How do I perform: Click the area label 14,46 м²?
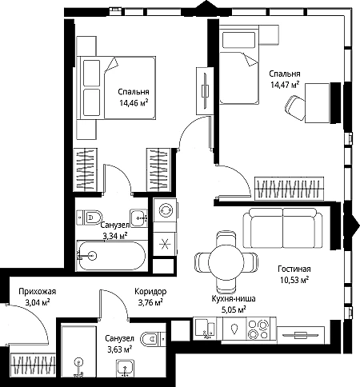(x=134, y=103)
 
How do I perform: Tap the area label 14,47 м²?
(x=285, y=85)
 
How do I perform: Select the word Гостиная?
(x=294, y=269)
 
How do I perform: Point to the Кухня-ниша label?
(x=234, y=299)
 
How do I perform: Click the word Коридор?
(x=150, y=292)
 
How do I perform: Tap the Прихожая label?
(x=38, y=292)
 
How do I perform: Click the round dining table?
(x=226, y=261)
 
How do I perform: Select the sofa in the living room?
(x=283, y=228)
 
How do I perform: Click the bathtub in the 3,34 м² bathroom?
(x=111, y=256)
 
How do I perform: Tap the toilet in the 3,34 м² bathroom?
(x=90, y=217)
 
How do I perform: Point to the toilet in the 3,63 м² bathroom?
(x=153, y=339)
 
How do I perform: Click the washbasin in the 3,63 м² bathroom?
(x=125, y=369)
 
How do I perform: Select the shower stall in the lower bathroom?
(x=78, y=351)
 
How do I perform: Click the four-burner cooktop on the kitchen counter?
(x=258, y=329)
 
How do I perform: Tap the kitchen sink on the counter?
(x=206, y=328)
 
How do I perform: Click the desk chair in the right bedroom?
(x=294, y=108)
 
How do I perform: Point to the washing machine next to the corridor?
(x=165, y=210)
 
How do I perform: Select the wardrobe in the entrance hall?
(x=33, y=365)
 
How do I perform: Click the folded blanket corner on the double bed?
(x=112, y=64)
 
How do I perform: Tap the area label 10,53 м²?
(x=294, y=280)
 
